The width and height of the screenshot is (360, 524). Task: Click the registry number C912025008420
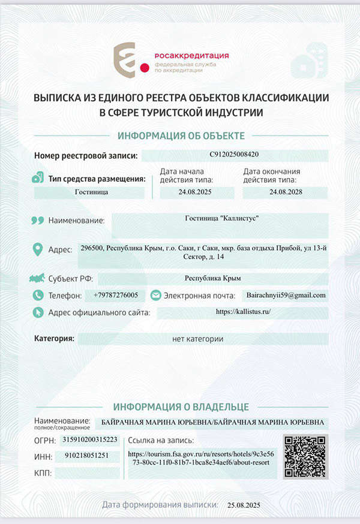235,155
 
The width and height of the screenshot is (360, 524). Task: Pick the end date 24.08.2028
286,192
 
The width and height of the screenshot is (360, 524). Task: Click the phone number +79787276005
115,295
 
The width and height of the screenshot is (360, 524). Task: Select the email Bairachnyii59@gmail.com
286,295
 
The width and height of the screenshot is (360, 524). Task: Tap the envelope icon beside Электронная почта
155,295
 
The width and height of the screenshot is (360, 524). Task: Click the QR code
305,456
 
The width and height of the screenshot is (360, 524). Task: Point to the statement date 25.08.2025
242,504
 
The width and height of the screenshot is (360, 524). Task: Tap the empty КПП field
86,473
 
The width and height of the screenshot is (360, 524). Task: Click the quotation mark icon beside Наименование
37,220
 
